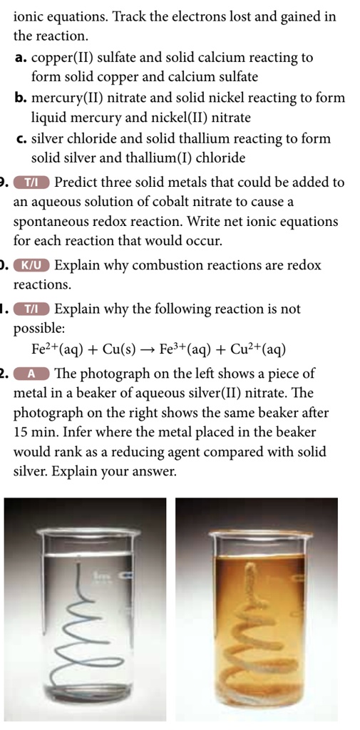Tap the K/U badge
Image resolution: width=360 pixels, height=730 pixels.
click(x=34, y=266)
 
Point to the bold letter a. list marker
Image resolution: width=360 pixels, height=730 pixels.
click(x=21, y=58)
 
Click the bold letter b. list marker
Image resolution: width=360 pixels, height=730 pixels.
click(x=21, y=98)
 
